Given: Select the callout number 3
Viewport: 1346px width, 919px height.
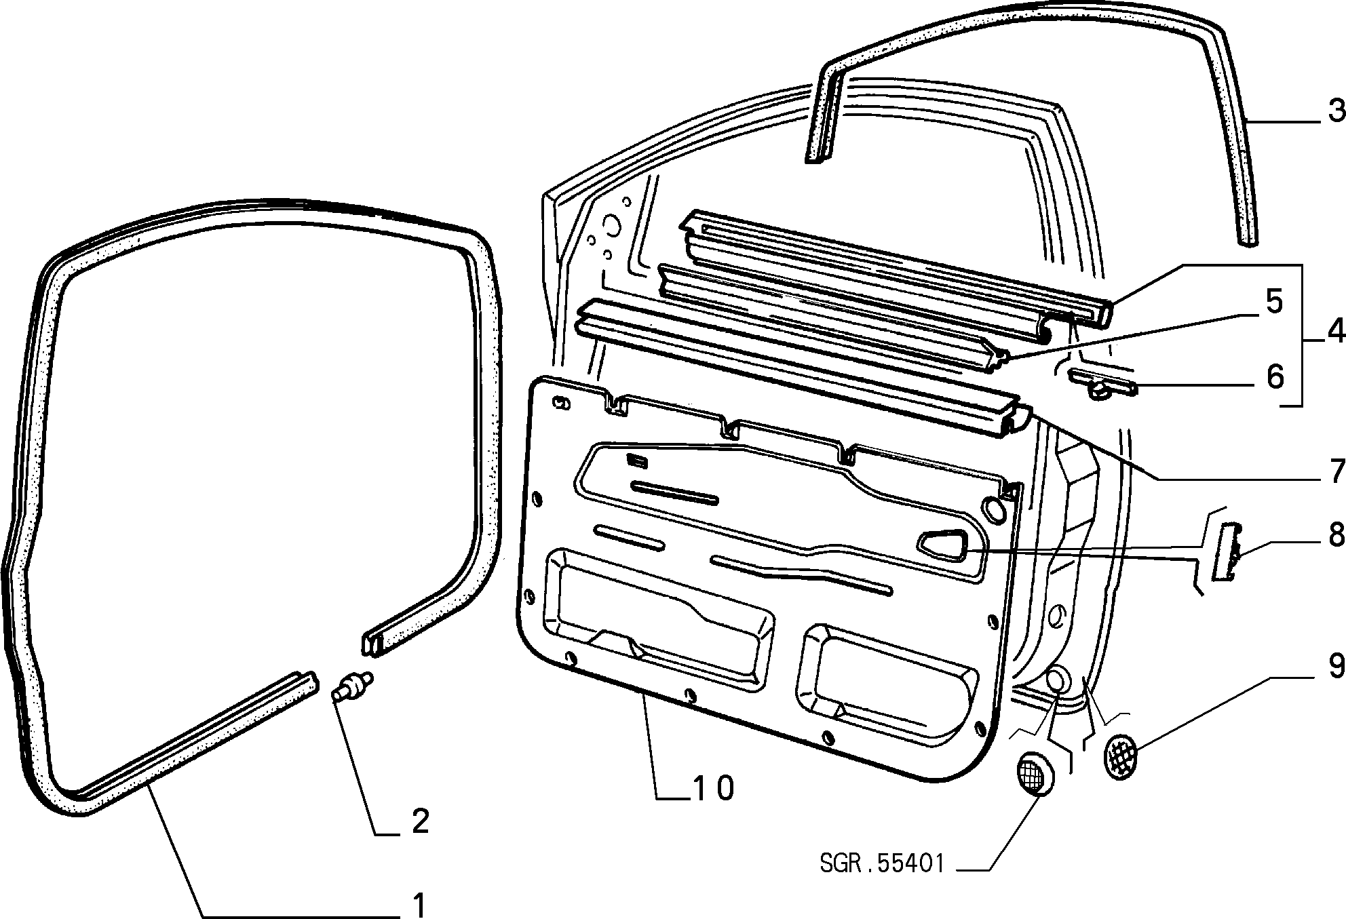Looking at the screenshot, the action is point(1336,110).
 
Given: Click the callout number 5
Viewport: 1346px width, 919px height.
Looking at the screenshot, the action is point(1274,302).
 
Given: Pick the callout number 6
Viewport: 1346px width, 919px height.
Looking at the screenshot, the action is point(1275,377).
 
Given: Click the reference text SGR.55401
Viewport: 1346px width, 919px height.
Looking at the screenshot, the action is point(882,863).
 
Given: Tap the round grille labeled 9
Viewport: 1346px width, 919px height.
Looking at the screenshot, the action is point(1121,755).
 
